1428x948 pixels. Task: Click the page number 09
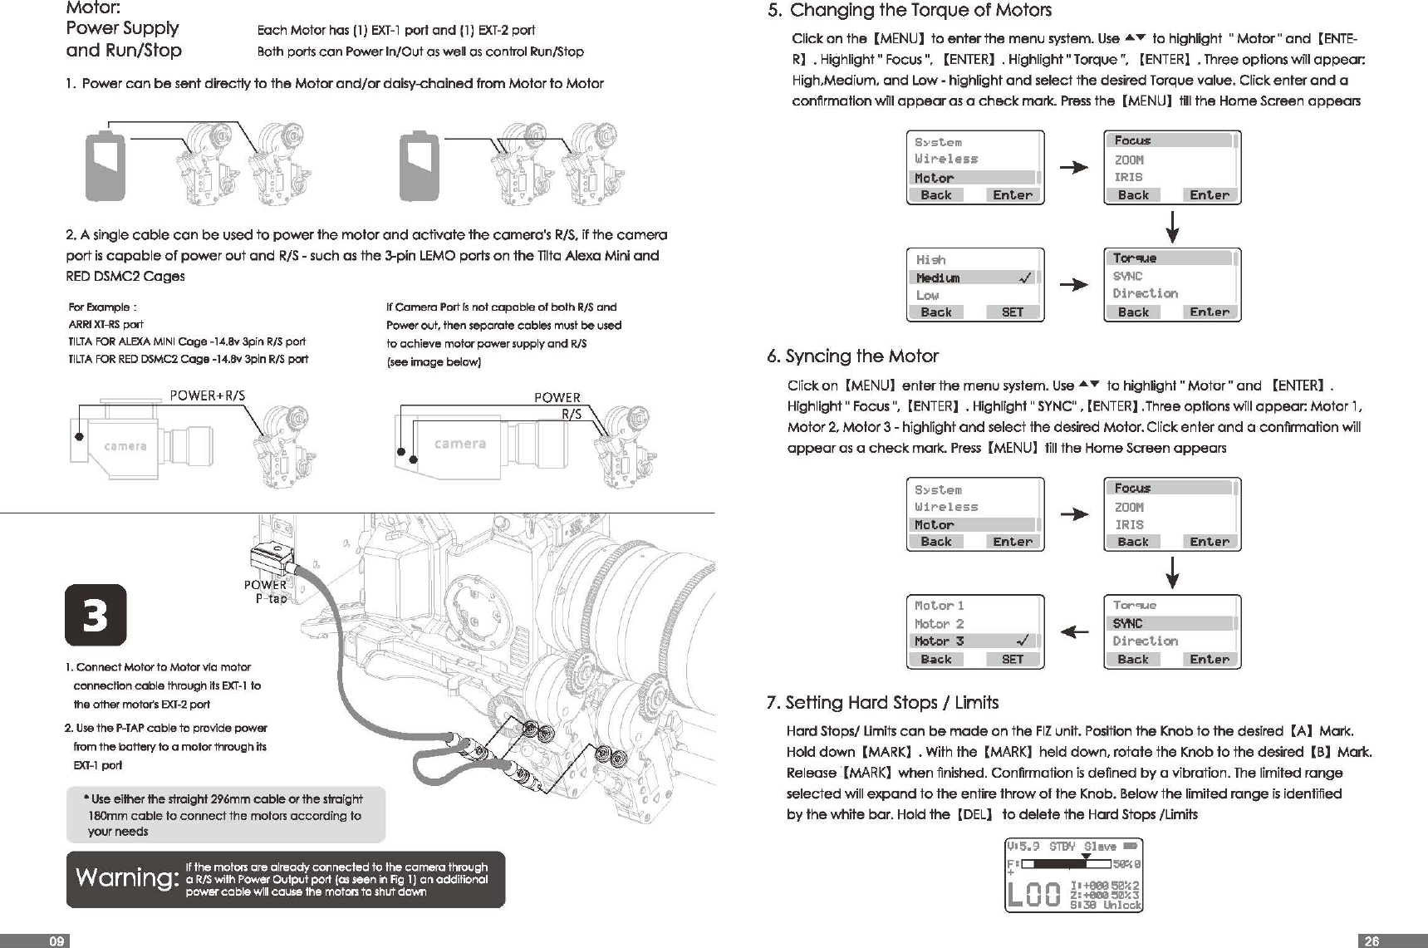56,941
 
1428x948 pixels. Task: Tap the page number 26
1372,941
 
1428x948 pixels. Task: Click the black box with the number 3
96,616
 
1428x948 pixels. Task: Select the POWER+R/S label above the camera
207,395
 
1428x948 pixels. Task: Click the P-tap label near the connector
271,598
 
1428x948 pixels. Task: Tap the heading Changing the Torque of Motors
920,11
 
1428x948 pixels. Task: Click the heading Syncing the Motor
861,356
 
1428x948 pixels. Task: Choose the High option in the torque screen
930,260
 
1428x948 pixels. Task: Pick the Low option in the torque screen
927,295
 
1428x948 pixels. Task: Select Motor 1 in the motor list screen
939,606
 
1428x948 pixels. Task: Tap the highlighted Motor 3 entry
939,641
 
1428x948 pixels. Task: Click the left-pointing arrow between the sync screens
1075,632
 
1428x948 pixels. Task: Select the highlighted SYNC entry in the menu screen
1127,623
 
